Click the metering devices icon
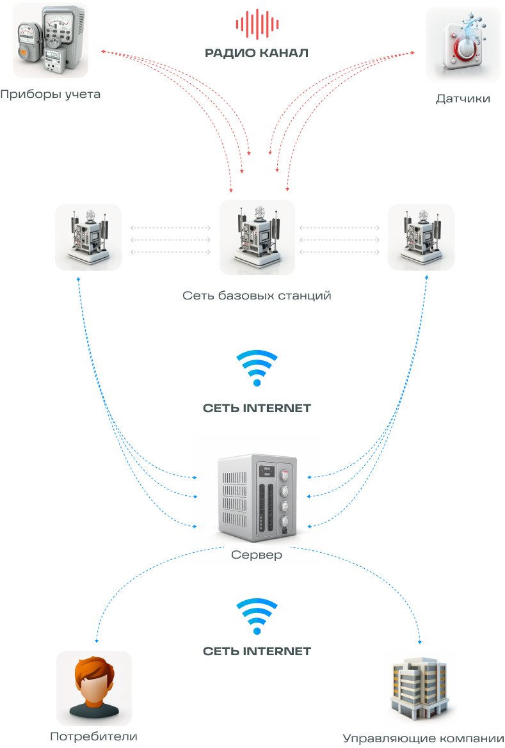51,40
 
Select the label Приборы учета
51,95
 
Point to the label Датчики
463,99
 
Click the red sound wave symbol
257,24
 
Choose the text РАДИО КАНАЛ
257,53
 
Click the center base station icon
257,237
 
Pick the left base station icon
88,237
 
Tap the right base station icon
421,237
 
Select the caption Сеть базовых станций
257,296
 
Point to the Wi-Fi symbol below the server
257,616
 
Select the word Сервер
257,555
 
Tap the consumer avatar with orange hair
94,688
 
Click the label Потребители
94,736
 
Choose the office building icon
420,688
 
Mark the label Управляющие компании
423,738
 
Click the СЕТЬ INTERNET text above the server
257,408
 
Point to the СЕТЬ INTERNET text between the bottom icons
257,651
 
